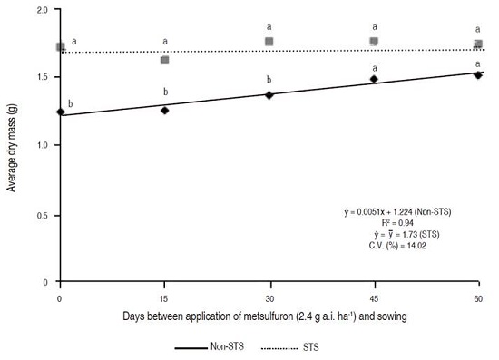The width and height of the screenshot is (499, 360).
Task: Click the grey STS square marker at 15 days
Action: tap(164, 61)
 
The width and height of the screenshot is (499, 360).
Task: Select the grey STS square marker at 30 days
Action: tap(269, 42)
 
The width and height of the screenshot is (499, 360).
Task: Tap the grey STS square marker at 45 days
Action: tap(374, 42)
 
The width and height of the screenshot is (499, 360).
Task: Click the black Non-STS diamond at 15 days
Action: tap(164, 111)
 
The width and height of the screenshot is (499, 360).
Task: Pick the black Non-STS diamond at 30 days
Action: tap(269, 95)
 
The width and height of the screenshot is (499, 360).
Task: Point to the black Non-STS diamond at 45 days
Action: tap(374, 80)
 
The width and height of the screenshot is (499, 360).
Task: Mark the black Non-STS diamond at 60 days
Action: tap(478, 75)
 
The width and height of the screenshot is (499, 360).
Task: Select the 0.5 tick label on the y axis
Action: tap(44, 215)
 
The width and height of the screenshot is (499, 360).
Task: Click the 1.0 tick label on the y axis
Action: tap(44, 146)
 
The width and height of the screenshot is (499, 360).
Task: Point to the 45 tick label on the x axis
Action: tap(374, 297)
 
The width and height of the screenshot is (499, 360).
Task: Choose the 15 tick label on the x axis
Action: tap(164, 297)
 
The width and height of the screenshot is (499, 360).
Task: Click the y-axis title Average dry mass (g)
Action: tap(12, 145)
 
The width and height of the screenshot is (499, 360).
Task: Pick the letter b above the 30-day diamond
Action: tap(269, 81)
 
